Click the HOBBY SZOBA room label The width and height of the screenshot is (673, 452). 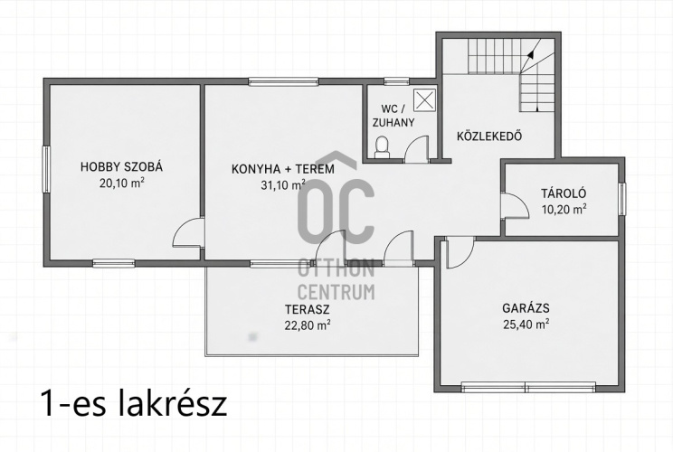click(x=121, y=167)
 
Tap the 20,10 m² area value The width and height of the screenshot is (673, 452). click(x=121, y=184)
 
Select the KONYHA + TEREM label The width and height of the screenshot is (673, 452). click(x=283, y=169)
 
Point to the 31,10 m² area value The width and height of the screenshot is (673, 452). click(x=283, y=184)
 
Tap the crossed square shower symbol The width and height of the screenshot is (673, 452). click(x=424, y=100)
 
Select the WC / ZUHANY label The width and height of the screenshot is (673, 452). click(x=393, y=115)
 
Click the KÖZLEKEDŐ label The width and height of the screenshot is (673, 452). click(x=489, y=137)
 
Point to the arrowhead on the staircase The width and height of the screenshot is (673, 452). click(x=530, y=54)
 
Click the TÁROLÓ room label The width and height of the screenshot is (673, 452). click(x=564, y=193)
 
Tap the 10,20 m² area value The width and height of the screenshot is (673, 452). click(x=564, y=209)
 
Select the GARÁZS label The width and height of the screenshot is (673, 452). click(x=526, y=308)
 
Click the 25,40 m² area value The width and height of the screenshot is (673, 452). click(x=526, y=324)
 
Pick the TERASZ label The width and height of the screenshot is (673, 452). click(x=307, y=309)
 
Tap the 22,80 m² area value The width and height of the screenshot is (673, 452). click(x=308, y=325)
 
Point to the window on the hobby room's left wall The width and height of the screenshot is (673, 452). click(x=46, y=169)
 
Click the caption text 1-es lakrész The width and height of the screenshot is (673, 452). click(x=134, y=402)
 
